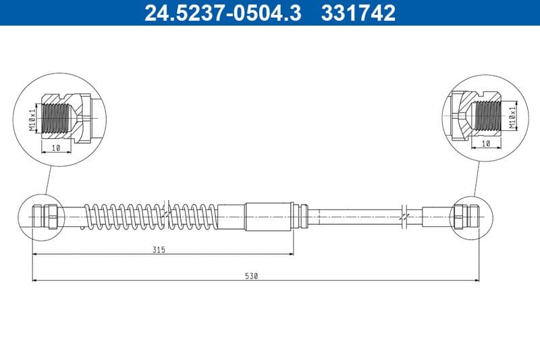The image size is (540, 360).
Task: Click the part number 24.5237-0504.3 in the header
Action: coord(223,13)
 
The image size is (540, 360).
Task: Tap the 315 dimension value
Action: coord(159,249)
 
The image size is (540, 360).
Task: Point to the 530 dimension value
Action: coord(252,276)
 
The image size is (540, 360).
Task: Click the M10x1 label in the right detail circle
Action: coord(512,116)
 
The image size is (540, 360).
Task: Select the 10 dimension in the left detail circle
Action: coord(55,147)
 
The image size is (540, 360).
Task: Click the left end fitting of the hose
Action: coord(45,215)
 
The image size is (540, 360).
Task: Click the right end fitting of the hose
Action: coord(466,216)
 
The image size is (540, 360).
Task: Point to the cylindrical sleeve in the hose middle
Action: coord(269,215)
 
